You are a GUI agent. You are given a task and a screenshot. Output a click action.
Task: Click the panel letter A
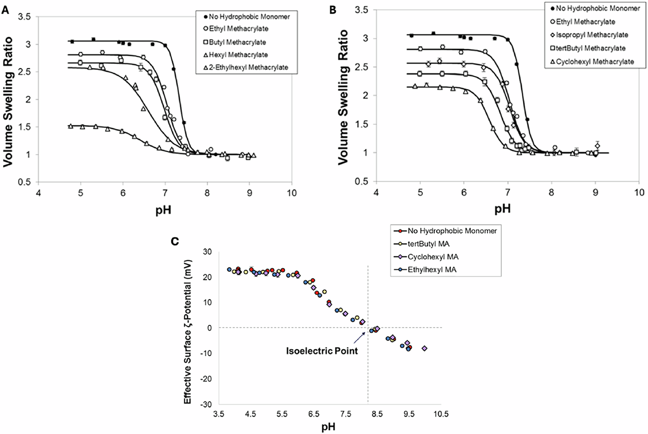point(5,10)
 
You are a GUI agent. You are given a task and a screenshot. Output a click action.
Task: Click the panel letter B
point(333,10)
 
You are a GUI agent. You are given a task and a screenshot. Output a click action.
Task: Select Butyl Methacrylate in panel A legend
point(237,42)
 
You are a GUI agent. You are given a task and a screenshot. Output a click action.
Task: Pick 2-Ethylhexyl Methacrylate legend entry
point(248,67)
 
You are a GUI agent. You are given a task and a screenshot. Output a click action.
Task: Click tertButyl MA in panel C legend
point(428,244)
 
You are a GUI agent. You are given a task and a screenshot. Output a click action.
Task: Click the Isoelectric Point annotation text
point(322,351)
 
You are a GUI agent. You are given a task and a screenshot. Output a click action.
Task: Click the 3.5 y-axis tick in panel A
point(25,17)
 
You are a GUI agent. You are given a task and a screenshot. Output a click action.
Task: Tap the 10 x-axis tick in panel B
point(639,193)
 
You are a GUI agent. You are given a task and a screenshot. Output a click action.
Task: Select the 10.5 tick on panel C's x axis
point(441,414)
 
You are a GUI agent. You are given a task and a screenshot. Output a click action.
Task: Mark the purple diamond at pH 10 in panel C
point(425,348)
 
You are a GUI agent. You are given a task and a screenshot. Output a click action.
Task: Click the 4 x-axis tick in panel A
point(38,193)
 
